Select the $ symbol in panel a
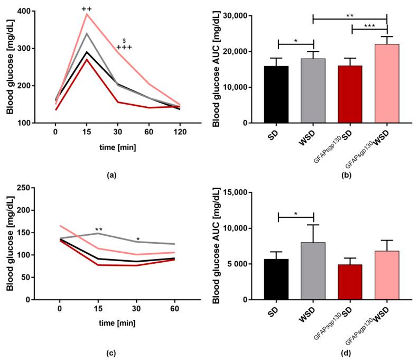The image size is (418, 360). pos(124,40)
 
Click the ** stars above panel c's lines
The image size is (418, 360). pos(98,229)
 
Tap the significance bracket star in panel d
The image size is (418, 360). pos(296,213)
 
